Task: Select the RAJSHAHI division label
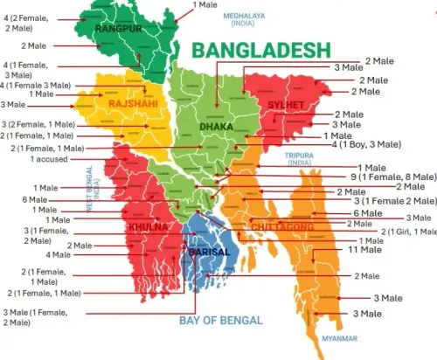click(133, 104)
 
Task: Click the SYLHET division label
click(287, 106)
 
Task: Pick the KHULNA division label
click(147, 226)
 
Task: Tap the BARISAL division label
click(209, 252)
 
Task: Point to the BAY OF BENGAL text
click(221, 321)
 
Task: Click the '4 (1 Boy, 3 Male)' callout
click(366, 144)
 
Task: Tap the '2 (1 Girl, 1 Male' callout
click(406, 231)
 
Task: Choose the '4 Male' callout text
click(58, 254)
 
